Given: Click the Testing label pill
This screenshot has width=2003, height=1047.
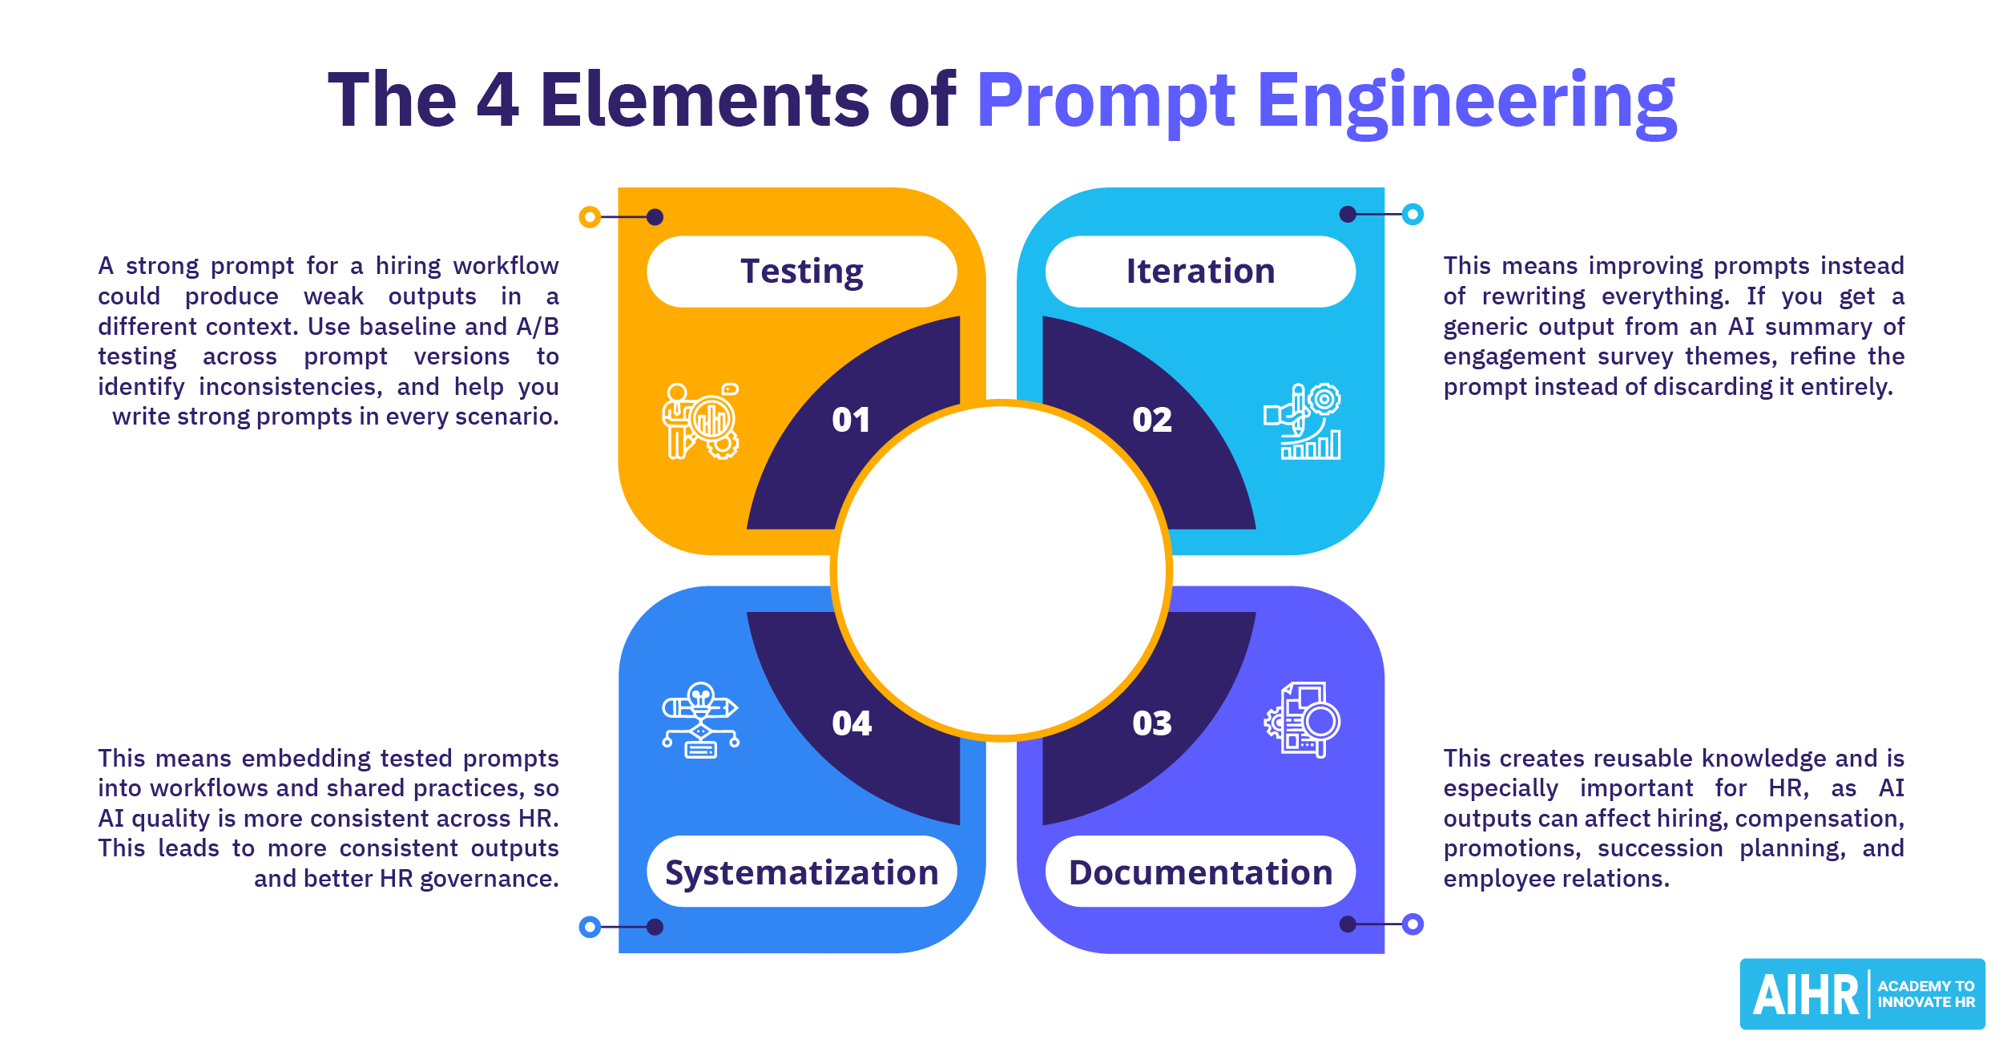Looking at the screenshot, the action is (x=802, y=272).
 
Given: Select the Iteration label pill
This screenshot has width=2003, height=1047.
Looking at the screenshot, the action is (x=1200, y=272).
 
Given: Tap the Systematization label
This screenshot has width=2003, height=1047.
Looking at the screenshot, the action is (x=802, y=872).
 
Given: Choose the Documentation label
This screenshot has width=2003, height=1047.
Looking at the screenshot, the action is (x=1200, y=872).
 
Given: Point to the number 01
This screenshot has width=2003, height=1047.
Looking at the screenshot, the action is (x=851, y=420).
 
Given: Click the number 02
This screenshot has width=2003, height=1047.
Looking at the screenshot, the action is (x=1152, y=420).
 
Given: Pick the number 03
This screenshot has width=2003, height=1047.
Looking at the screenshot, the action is (x=1152, y=723).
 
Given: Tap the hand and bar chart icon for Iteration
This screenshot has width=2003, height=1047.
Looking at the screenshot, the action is (x=1302, y=421).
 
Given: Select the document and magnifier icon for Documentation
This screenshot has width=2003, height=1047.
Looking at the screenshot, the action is (x=1302, y=720).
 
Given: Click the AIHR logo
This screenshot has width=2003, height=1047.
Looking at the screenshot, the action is (x=1862, y=994).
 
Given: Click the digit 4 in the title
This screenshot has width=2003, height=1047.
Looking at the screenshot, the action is (x=498, y=100).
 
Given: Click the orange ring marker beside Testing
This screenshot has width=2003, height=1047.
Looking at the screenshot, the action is (x=590, y=217).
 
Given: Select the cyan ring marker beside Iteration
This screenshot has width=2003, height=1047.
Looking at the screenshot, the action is (x=1413, y=215).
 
